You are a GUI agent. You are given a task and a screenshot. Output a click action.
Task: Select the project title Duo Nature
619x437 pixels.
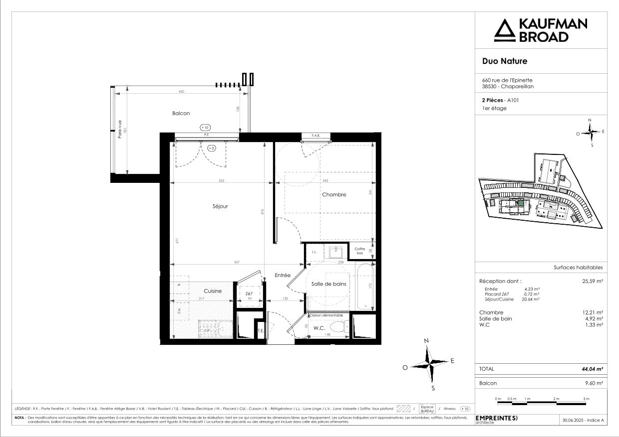(504, 61)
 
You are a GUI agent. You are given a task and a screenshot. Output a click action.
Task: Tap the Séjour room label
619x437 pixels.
(220, 206)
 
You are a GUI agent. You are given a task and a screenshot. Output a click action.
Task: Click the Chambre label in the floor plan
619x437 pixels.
(334, 194)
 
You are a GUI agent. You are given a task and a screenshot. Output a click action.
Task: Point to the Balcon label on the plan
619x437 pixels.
(181, 114)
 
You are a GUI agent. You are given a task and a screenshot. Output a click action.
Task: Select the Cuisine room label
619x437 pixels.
(213, 291)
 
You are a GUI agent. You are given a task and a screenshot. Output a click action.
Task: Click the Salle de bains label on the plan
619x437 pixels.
(329, 284)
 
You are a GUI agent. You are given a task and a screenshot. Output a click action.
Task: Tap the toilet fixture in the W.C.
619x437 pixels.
(340, 328)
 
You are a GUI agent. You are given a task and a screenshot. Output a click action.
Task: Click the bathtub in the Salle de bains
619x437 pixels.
(365, 287)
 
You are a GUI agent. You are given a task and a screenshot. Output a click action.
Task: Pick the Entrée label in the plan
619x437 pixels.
(283, 275)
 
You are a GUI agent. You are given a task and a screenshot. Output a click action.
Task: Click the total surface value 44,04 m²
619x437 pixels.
(593, 369)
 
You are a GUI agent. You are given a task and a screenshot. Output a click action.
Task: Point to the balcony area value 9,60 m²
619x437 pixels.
(595, 383)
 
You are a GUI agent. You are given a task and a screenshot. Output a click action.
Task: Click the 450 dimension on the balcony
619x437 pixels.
(181, 92)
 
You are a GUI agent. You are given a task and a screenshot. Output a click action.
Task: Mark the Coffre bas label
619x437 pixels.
(360, 251)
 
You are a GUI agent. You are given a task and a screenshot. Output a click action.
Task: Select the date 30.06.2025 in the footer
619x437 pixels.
(573, 421)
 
